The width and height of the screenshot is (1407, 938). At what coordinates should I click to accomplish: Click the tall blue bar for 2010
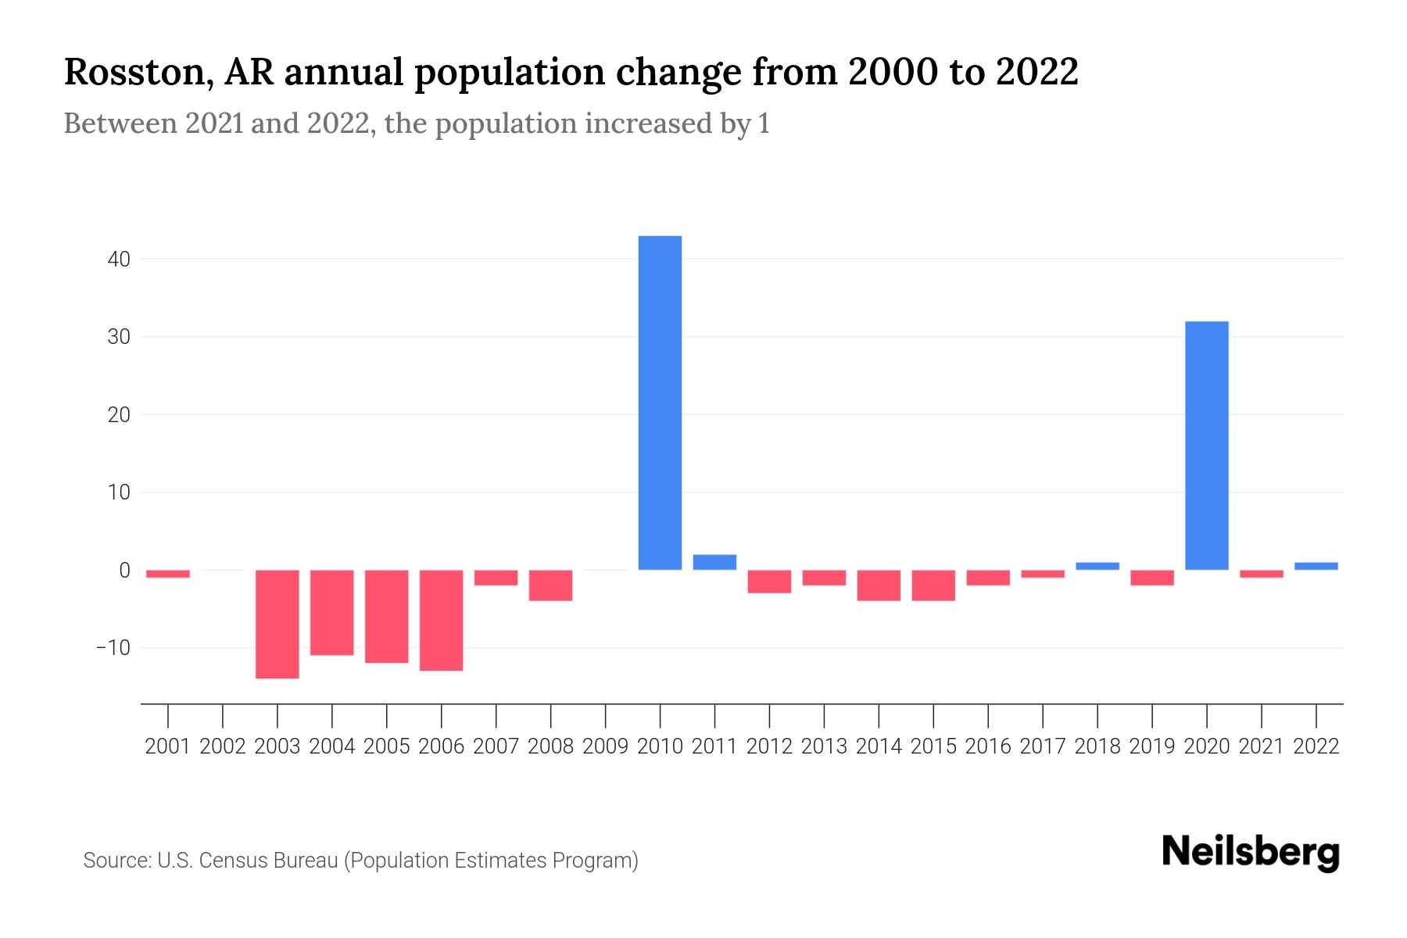[x=660, y=403]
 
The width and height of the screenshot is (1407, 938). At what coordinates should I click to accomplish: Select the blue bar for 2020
[x=1206, y=446]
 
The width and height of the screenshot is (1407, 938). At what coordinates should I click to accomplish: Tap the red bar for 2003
[x=277, y=624]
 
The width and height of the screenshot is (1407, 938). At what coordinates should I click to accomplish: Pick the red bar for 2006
[x=442, y=620]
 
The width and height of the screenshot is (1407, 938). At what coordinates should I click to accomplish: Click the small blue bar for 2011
[x=714, y=562]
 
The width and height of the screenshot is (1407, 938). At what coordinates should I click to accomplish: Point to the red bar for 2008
[x=551, y=585]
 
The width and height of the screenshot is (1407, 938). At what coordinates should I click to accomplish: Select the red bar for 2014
[x=879, y=585]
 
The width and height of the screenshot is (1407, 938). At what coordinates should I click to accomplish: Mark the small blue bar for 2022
[x=1316, y=566]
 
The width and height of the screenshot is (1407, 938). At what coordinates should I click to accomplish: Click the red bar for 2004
[x=332, y=612]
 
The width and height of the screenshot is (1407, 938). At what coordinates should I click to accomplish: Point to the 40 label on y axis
[x=119, y=259]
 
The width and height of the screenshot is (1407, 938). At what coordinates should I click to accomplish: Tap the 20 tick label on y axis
[x=119, y=414]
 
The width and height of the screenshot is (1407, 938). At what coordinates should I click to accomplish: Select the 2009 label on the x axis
[x=605, y=746]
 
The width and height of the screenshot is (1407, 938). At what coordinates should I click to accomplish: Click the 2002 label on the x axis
[x=223, y=746]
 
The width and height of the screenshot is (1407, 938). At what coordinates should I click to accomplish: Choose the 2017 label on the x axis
[x=1042, y=746]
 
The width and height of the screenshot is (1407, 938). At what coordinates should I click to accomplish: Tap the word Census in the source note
[x=230, y=861]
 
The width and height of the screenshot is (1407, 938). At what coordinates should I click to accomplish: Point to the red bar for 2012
[x=769, y=582]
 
